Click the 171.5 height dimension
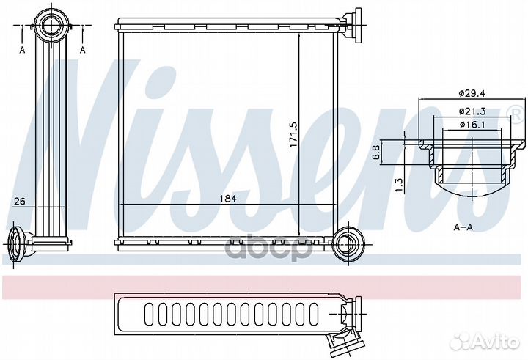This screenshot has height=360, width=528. (x=293, y=134)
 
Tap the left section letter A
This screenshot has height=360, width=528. (x=23, y=50)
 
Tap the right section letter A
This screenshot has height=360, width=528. (x=83, y=50)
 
